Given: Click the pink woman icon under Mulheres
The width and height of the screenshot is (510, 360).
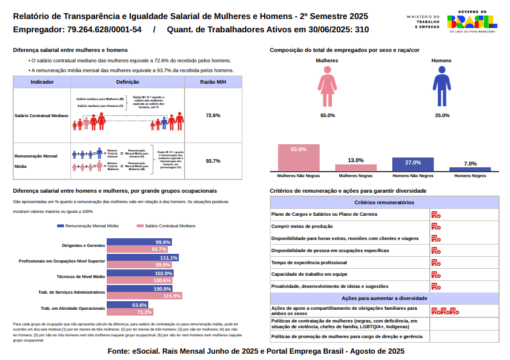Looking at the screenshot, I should coord(327,87).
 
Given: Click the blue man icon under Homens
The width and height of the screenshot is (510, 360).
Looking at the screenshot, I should coord(442,87).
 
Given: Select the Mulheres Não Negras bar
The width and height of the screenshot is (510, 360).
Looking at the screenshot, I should coord(298,157).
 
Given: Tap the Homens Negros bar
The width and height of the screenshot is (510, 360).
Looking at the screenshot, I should coord(470,169).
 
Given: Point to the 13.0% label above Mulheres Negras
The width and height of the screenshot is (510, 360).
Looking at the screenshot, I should coord(356,160).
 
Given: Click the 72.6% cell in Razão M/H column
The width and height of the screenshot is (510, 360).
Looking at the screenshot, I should coord(213,115).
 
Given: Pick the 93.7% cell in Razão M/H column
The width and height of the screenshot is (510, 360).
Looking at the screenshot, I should coord(213,161).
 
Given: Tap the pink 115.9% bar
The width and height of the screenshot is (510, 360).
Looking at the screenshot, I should coord(144,296).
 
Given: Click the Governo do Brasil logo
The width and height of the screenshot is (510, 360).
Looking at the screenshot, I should coord(471,22).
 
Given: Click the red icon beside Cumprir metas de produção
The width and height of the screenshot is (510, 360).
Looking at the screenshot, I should coord(436,226).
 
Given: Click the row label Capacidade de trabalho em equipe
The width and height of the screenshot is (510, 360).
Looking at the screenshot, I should coord(309,274).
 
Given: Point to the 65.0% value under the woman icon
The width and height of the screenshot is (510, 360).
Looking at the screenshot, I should coord(328,115).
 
